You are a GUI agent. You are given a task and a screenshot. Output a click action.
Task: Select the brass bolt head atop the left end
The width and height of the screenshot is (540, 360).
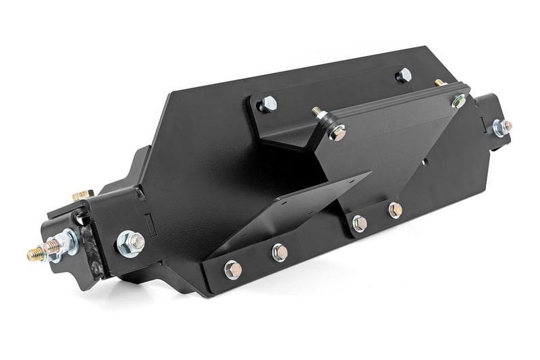pyautogui.click(x=81, y=195)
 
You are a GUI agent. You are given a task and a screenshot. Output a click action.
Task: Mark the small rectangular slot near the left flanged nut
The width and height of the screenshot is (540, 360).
pyautogui.click(x=151, y=223)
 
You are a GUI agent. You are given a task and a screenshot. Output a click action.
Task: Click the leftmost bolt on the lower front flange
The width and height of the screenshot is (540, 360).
pyautogui.click(x=232, y=269)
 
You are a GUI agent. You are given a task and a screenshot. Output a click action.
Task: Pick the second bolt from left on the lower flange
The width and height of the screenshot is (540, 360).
pyautogui.click(x=279, y=253)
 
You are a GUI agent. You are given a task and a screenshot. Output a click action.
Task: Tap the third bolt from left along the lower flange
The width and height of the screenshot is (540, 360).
pyautogui.click(x=360, y=223)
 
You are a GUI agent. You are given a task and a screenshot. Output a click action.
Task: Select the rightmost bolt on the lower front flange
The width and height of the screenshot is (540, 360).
pyautogui.click(x=395, y=209)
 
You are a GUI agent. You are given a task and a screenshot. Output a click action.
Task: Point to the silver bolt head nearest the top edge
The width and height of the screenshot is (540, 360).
pyautogui.click(x=403, y=74)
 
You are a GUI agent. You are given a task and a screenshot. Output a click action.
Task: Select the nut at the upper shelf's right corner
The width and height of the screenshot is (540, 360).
pyautogui.click(x=459, y=101)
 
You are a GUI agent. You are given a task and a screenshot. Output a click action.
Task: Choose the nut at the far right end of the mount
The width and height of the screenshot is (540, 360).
pyautogui.click(x=500, y=126)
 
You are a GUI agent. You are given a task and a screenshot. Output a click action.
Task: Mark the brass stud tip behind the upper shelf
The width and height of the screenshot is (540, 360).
pyautogui.click(x=440, y=82)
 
